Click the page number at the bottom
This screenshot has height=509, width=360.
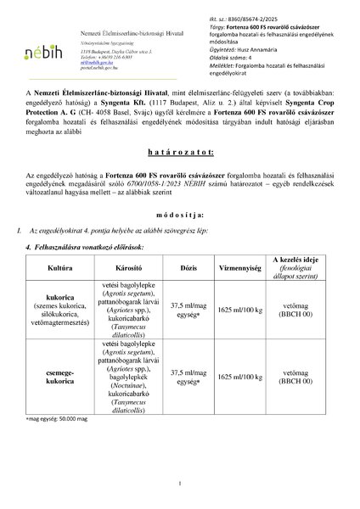180,484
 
